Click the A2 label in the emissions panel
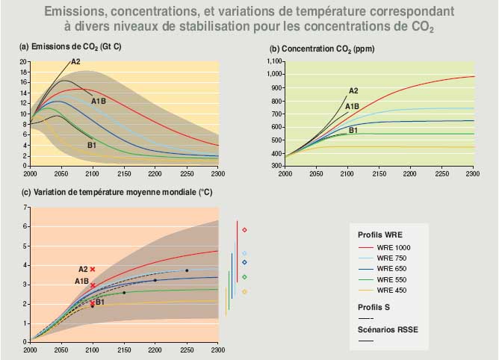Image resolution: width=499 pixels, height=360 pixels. [75, 61]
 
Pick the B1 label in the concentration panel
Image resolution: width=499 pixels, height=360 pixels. [353, 131]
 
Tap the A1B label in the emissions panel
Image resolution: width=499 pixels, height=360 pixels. [99, 101]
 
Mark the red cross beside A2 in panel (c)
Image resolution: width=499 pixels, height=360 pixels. [93, 269]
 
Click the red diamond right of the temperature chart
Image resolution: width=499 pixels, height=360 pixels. [244, 230]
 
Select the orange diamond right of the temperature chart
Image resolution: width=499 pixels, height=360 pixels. [244, 291]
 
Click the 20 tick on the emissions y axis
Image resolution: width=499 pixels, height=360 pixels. [24, 61]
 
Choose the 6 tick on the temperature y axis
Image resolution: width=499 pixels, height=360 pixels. [26, 226]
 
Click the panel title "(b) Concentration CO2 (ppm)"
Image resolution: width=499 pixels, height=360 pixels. [322, 49]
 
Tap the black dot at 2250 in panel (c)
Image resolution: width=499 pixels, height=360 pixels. [187, 270]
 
